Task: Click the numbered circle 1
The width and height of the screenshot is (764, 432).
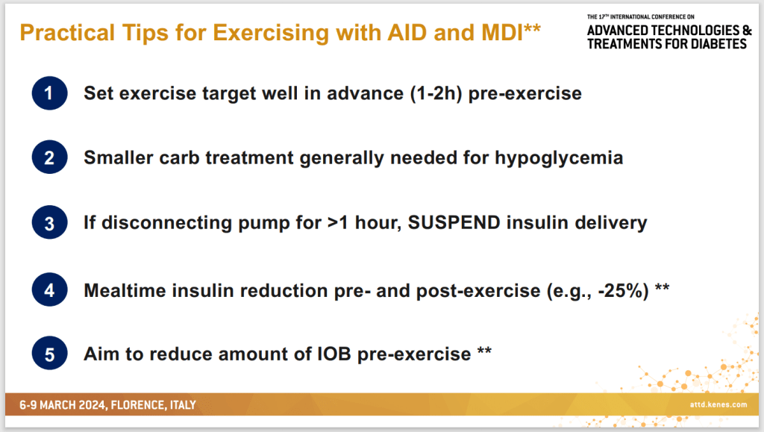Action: click(49, 93)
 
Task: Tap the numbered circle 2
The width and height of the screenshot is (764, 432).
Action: click(49, 157)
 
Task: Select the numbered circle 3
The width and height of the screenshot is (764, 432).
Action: click(49, 222)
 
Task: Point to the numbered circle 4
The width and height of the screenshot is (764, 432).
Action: click(49, 289)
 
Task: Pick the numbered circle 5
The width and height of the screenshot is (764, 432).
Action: click(49, 354)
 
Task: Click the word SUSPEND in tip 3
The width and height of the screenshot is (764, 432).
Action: click(454, 222)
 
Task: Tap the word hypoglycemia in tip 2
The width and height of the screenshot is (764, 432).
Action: click(559, 158)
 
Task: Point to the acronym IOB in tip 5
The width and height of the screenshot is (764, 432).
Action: click(334, 354)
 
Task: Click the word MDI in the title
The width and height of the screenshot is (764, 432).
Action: click(502, 33)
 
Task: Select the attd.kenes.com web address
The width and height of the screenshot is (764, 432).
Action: click(718, 404)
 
